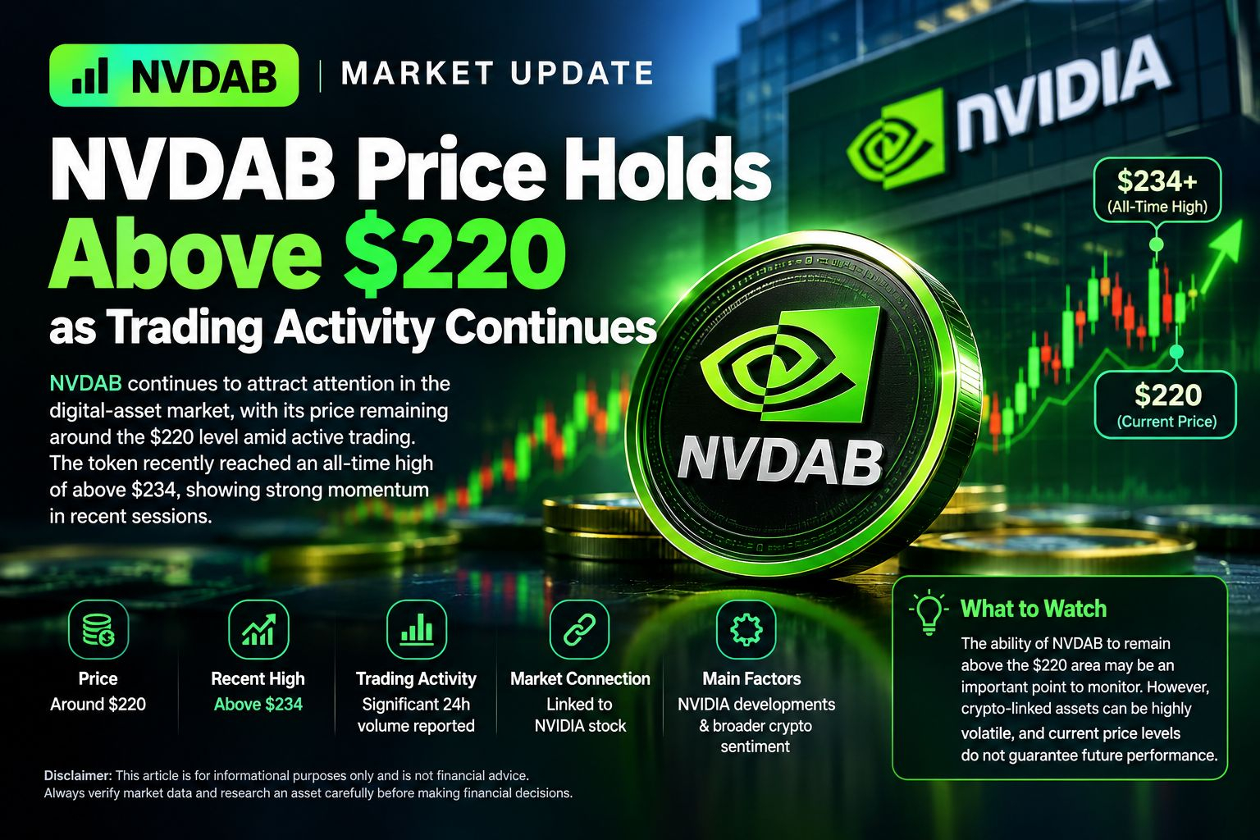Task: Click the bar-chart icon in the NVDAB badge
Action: [90, 75]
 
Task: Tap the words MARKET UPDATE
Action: [497, 74]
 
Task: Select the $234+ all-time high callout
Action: [1157, 189]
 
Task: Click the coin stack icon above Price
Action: [98, 629]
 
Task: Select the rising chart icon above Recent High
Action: [258, 629]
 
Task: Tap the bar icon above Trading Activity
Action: [417, 629]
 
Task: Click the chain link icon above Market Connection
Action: [579, 629]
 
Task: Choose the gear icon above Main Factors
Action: [746, 629]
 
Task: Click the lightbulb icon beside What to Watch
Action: [929, 613]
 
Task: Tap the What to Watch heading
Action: [1034, 609]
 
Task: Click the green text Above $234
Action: [258, 705]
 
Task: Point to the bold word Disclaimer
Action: [78, 775]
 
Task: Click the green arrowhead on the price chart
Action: [1227, 243]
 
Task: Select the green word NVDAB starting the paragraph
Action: [85, 384]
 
